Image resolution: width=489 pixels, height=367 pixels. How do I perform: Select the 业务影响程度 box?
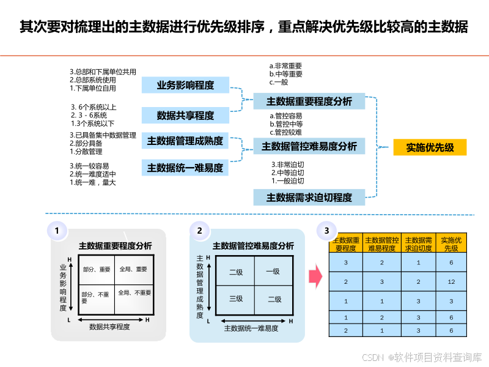point(185,85)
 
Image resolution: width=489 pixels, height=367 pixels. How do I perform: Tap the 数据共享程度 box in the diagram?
point(185,115)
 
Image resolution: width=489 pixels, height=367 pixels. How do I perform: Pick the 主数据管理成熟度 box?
point(185,141)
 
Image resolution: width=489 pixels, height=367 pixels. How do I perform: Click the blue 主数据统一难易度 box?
point(185,167)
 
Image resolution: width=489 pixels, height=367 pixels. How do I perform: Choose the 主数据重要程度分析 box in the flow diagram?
point(309,102)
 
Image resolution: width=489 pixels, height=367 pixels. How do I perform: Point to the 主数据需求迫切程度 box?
point(309,197)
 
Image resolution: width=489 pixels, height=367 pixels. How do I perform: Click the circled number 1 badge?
point(57,231)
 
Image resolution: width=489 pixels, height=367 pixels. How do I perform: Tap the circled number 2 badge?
point(199,231)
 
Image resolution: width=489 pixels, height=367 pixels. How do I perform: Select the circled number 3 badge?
point(326,231)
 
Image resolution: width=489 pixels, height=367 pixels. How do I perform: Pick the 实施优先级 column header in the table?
point(451,244)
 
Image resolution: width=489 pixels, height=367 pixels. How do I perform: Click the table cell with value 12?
point(451,281)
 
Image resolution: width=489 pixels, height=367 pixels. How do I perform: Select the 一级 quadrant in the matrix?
point(273,272)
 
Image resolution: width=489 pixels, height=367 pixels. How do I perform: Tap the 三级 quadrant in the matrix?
point(236,298)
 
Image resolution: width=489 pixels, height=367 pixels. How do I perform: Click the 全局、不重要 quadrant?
point(134,293)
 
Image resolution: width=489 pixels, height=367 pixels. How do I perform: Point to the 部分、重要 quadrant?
point(97,269)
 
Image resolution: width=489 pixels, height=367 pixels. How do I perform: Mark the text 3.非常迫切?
point(288,165)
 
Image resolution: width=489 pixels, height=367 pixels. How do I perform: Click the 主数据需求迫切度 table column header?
point(418,244)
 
